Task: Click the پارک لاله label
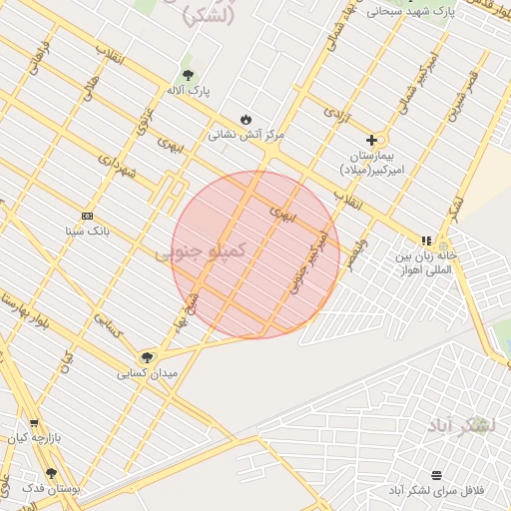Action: (x=188, y=91)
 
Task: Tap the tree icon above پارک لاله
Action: (x=188, y=75)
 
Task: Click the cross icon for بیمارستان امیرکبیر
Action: (x=372, y=141)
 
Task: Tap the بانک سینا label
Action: (x=87, y=231)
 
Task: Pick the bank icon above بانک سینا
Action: (x=87, y=216)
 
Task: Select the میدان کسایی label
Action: (x=147, y=373)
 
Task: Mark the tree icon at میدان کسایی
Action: (x=147, y=357)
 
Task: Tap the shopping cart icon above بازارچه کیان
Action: (x=35, y=423)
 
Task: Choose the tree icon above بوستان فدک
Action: (x=51, y=474)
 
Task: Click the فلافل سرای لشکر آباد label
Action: (x=437, y=491)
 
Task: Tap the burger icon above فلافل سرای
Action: (x=437, y=475)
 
